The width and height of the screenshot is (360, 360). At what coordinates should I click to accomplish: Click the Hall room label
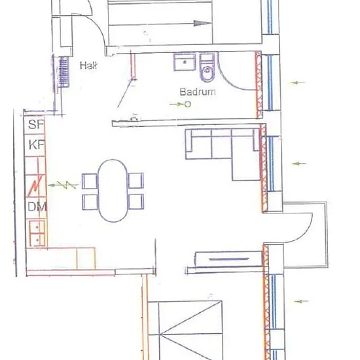click(88, 65)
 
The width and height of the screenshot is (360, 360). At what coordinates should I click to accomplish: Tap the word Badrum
click(198, 92)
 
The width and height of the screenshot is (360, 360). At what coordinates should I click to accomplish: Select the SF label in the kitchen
click(36, 124)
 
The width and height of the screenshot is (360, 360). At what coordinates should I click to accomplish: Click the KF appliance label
click(37, 145)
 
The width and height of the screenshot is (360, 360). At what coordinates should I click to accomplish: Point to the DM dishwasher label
click(37, 206)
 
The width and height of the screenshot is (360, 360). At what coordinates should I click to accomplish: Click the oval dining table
click(113, 190)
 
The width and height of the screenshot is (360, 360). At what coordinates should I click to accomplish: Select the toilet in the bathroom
click(207, 67)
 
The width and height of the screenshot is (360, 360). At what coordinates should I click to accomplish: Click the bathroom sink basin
click(185, 62)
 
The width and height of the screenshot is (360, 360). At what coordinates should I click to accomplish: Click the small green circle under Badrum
click(188, 105)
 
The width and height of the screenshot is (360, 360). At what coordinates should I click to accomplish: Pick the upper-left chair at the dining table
click(90, 181)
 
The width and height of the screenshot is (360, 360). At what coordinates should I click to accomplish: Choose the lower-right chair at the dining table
click(136, 202)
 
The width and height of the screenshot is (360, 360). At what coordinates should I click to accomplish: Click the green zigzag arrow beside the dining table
click(63, 185)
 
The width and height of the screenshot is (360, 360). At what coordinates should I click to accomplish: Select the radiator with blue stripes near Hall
click(64, 72)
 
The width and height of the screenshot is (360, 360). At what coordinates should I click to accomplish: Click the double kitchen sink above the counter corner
click(37, 233)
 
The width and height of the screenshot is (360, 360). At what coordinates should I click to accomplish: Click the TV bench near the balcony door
click(228, 259)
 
